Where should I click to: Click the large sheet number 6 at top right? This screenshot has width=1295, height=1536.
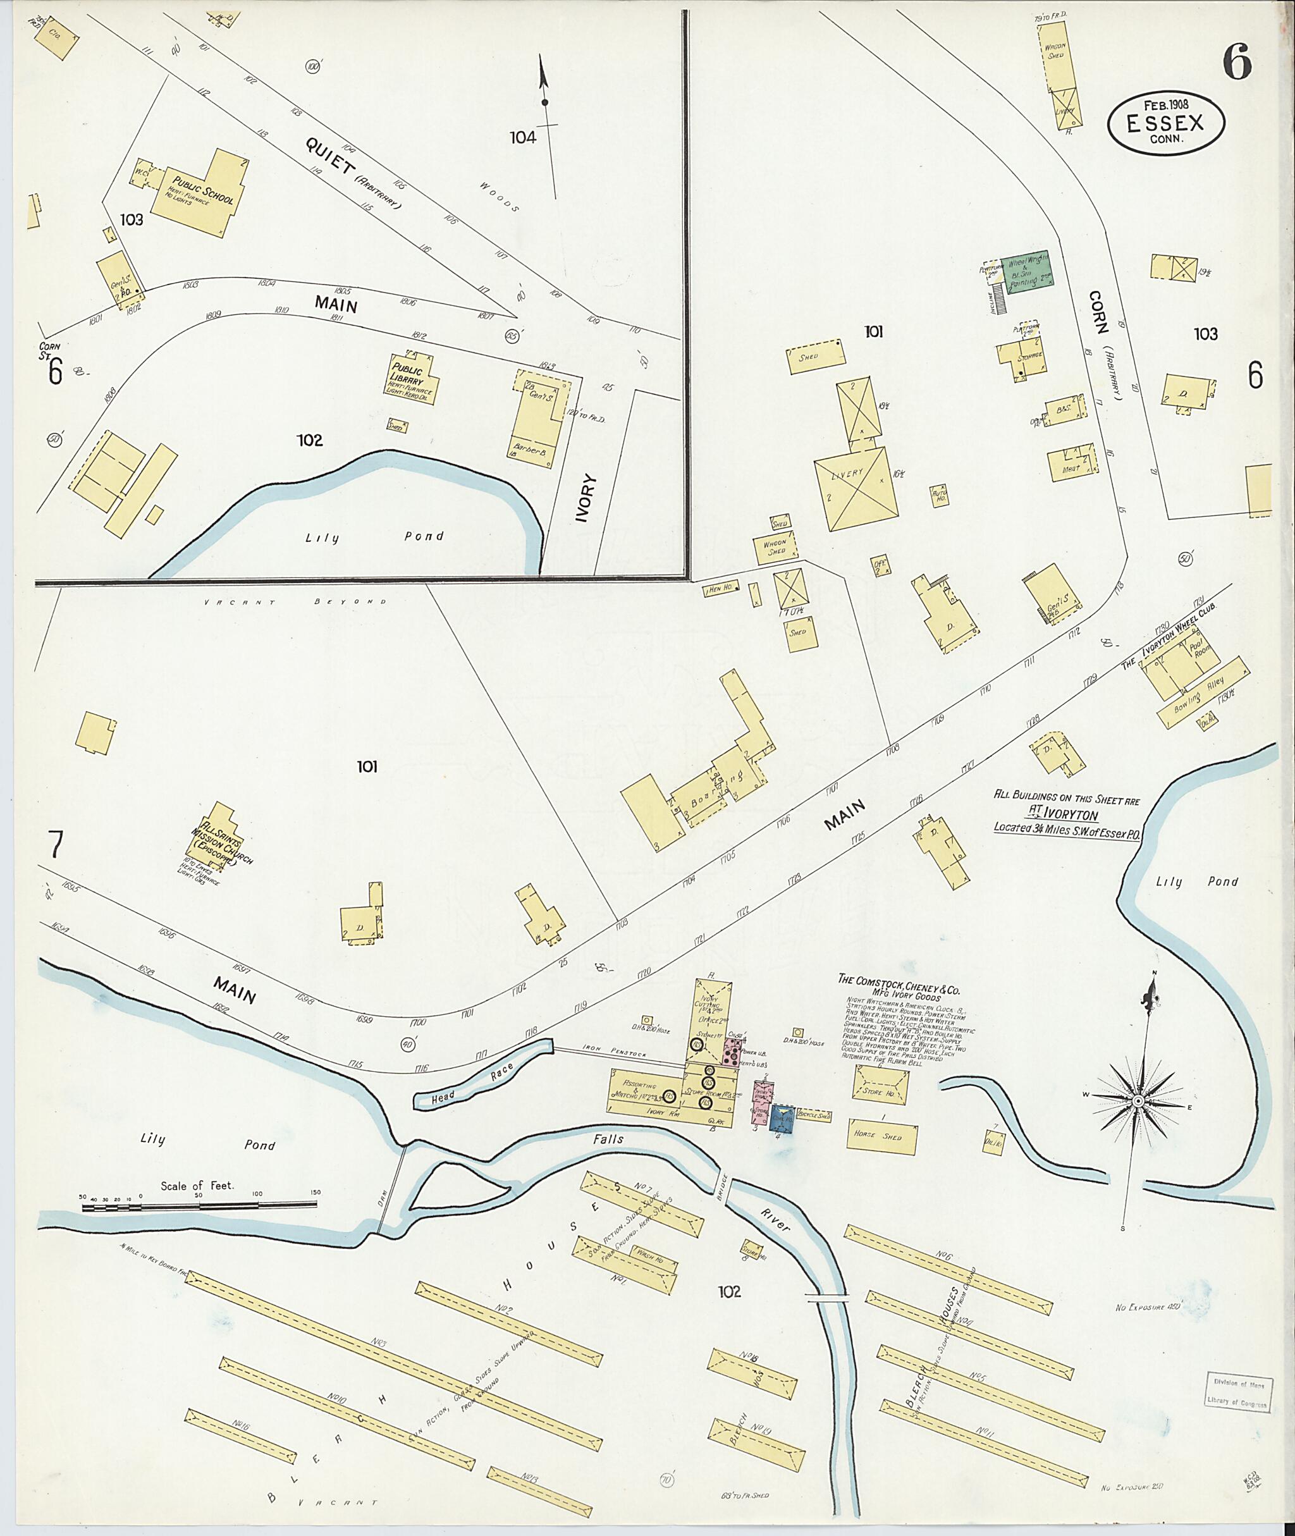1237,63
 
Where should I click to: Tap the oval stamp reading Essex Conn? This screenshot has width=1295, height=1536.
1165,124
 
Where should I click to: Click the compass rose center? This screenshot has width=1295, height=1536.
1137,1102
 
